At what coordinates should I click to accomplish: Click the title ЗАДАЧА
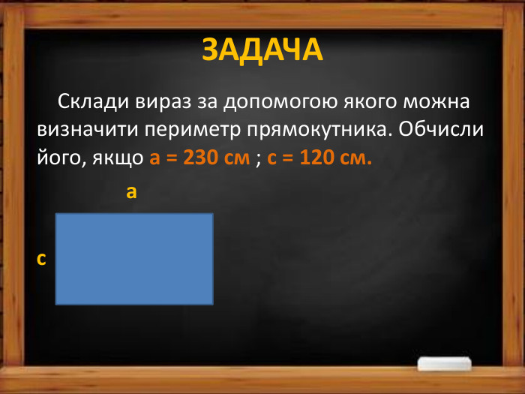[262, 50]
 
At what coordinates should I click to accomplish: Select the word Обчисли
[442, 129]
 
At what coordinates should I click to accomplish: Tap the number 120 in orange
[316, 158]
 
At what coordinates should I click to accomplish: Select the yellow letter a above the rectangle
[131, 193]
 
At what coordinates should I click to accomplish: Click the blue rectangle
[134, 259]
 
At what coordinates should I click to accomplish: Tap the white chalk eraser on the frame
[446, 365]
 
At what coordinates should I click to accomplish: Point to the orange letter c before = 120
[272, 158]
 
